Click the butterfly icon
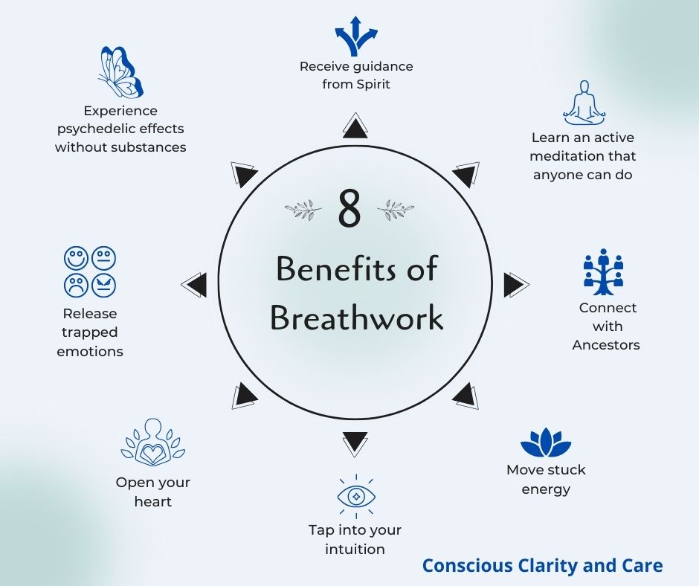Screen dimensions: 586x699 point(119,73)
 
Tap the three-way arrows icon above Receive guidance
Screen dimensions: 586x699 point(356,36)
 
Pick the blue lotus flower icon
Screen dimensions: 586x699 point(546,443)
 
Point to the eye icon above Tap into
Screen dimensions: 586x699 point(356,497)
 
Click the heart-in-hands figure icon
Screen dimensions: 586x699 point(153,443)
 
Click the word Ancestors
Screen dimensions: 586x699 point(605,345)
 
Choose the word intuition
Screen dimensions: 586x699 point(355,550)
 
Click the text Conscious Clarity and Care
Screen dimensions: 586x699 point(542,566)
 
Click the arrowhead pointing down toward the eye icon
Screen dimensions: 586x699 point(355,443)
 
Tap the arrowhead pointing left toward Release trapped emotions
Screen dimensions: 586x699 point(195,285)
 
